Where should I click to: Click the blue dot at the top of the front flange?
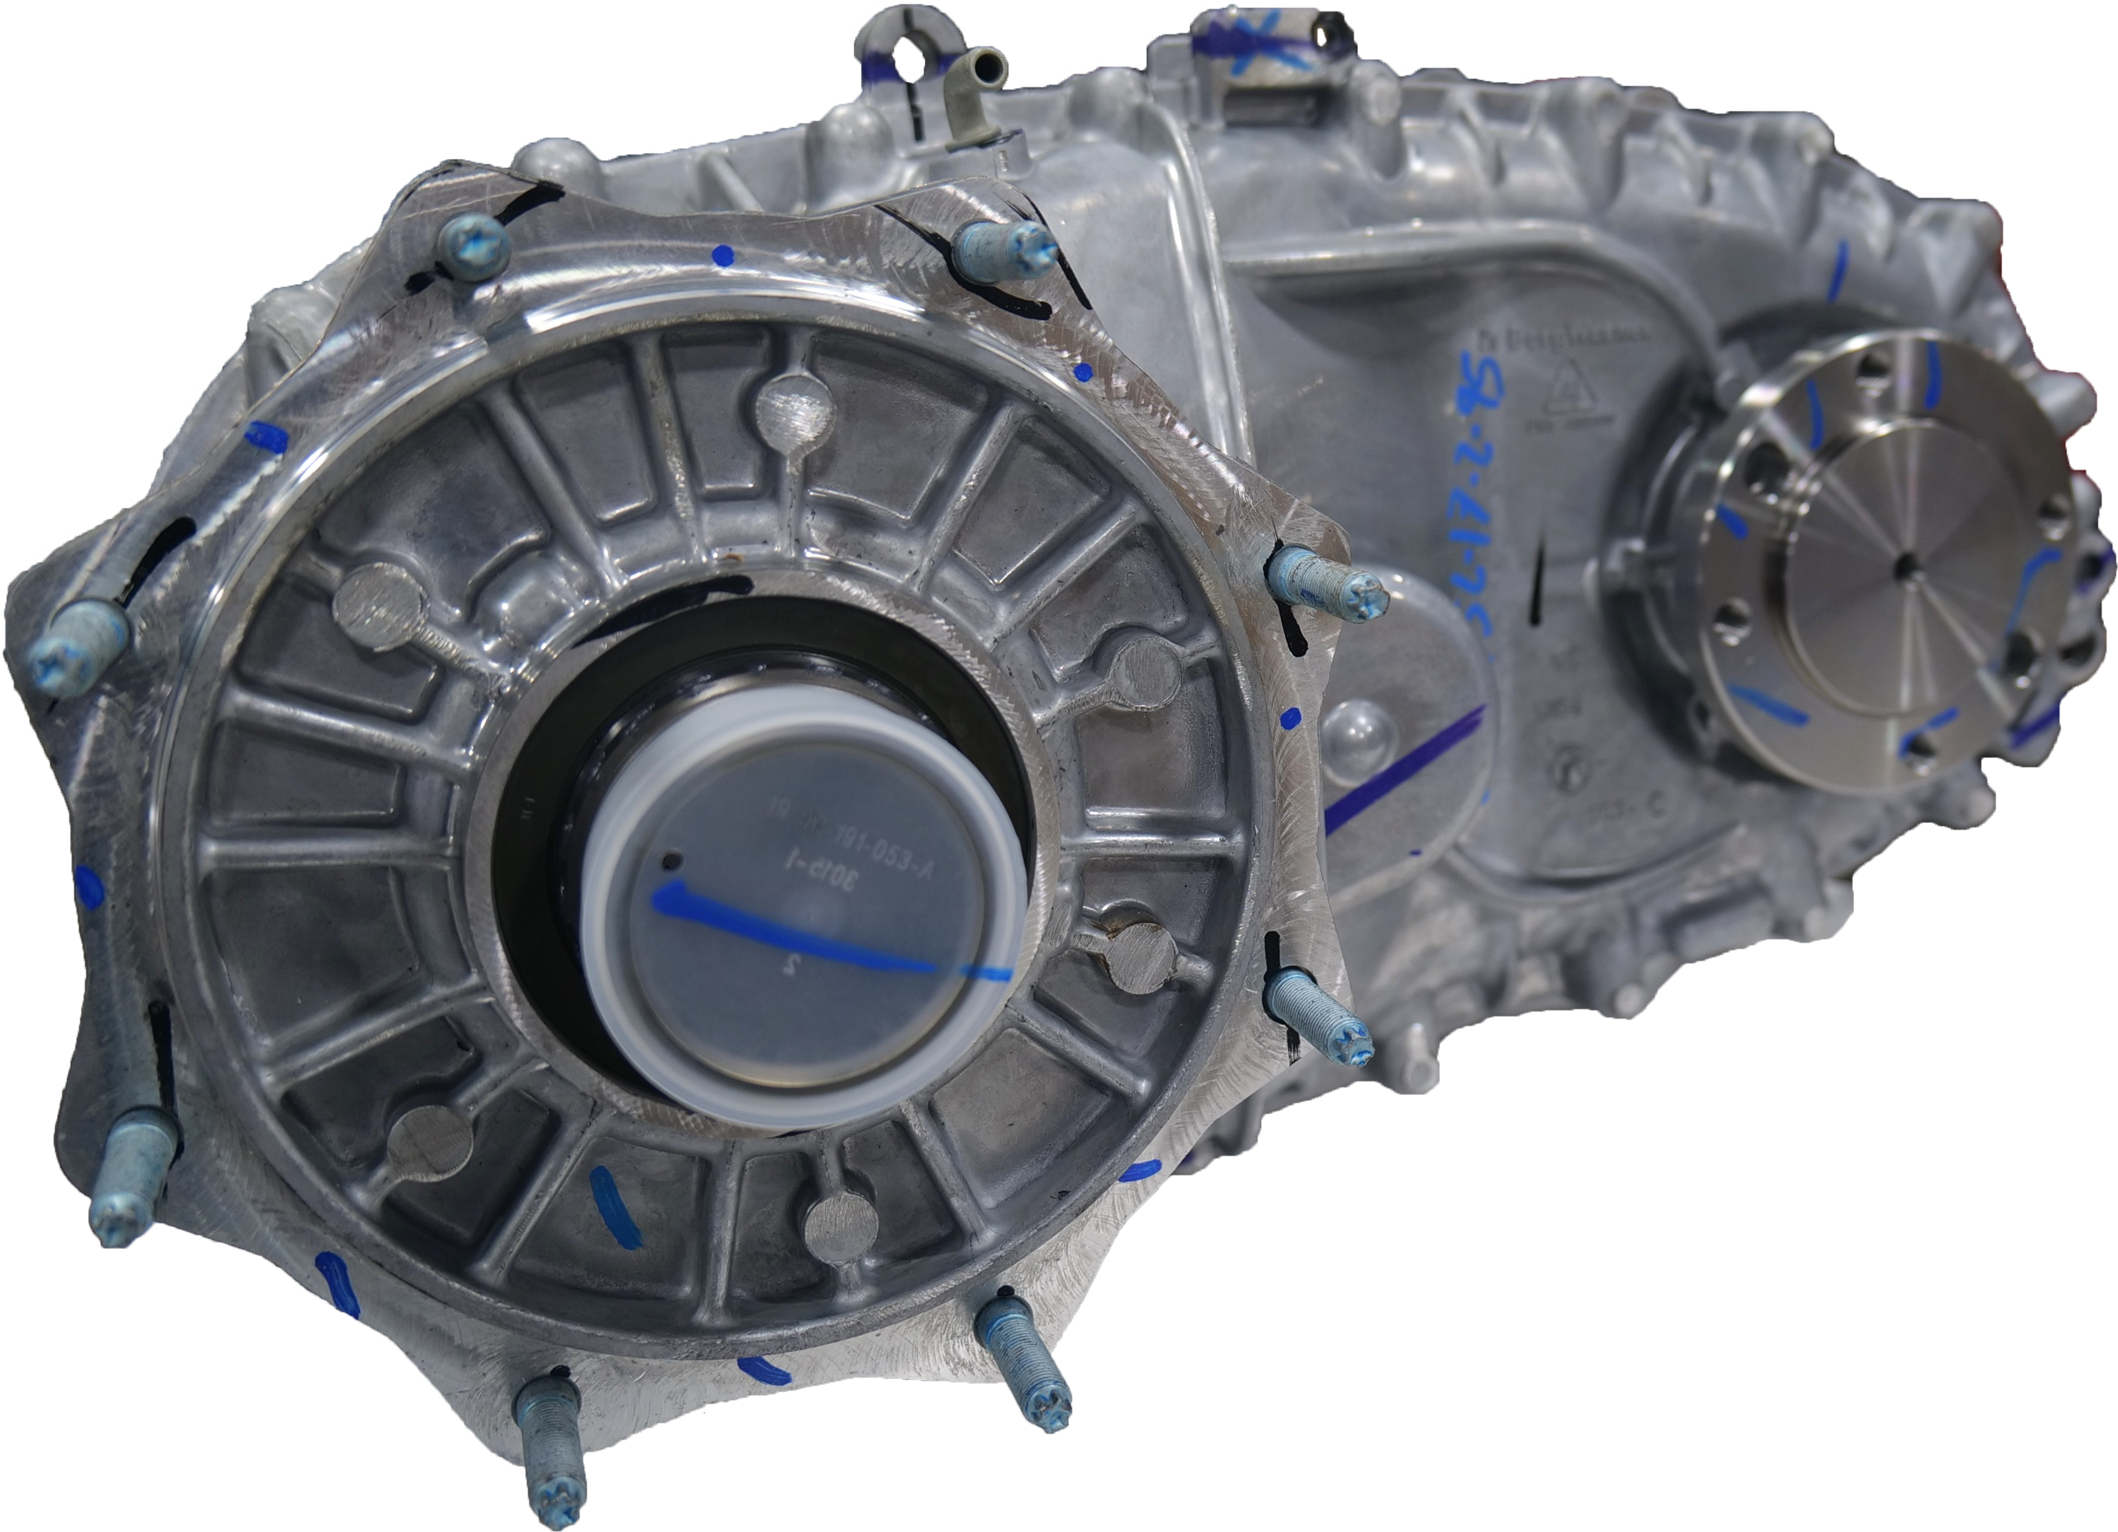(720, 252)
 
